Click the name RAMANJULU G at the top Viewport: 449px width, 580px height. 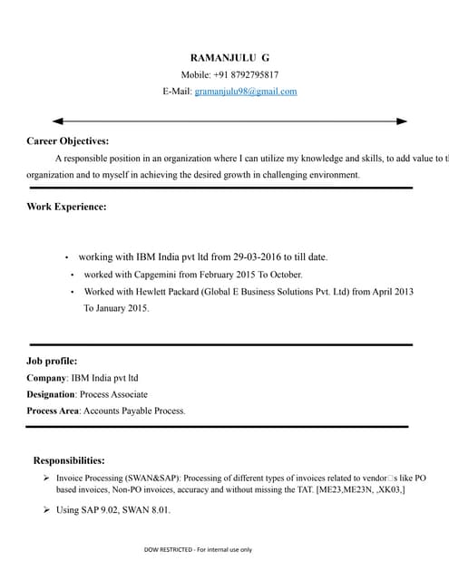(x=229, y=57)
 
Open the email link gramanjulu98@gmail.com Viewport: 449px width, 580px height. (x=246, y=92)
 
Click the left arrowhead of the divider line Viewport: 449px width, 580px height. (x=58, y=121)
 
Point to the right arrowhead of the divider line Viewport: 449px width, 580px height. (x=402, y=121)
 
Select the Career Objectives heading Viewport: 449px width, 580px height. (x=68, y=141)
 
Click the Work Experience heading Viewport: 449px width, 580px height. (x=66, y=207)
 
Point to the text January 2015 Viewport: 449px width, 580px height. (x=122, y=309)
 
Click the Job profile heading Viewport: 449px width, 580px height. (x=58, y=361)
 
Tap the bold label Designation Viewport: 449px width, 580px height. (x=51, y=395)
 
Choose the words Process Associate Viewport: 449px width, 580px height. (x=114, y=395)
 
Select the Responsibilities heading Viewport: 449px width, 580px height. (x=69, y=460)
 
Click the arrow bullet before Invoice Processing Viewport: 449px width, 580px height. (x=46, y=477)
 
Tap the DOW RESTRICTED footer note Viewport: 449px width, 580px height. (x=198, y=549)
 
